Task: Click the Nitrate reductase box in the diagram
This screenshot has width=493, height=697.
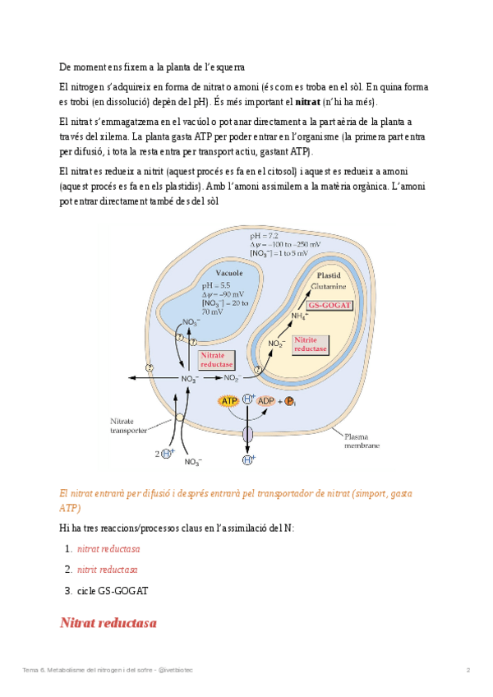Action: [217, 359]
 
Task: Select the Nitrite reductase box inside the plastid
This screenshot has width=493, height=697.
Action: [311, 344]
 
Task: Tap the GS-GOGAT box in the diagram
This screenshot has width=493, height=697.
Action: [330, 304]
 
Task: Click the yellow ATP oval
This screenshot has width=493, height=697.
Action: [228, 400]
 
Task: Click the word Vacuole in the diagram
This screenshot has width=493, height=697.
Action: [228, 273]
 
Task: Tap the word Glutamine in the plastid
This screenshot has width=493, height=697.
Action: [328, 286]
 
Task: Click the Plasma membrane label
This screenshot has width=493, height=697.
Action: [362, 441]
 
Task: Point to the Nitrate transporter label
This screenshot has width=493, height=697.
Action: [128, 425]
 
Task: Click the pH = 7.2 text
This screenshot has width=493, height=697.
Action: [264, 236]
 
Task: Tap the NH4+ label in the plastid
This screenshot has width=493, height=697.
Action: [299, 316]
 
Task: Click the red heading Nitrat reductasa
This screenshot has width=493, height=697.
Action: [108, 622]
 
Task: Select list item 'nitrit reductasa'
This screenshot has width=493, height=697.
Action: [107, 569]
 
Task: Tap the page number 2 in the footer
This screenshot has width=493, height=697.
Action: [468, 671]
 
